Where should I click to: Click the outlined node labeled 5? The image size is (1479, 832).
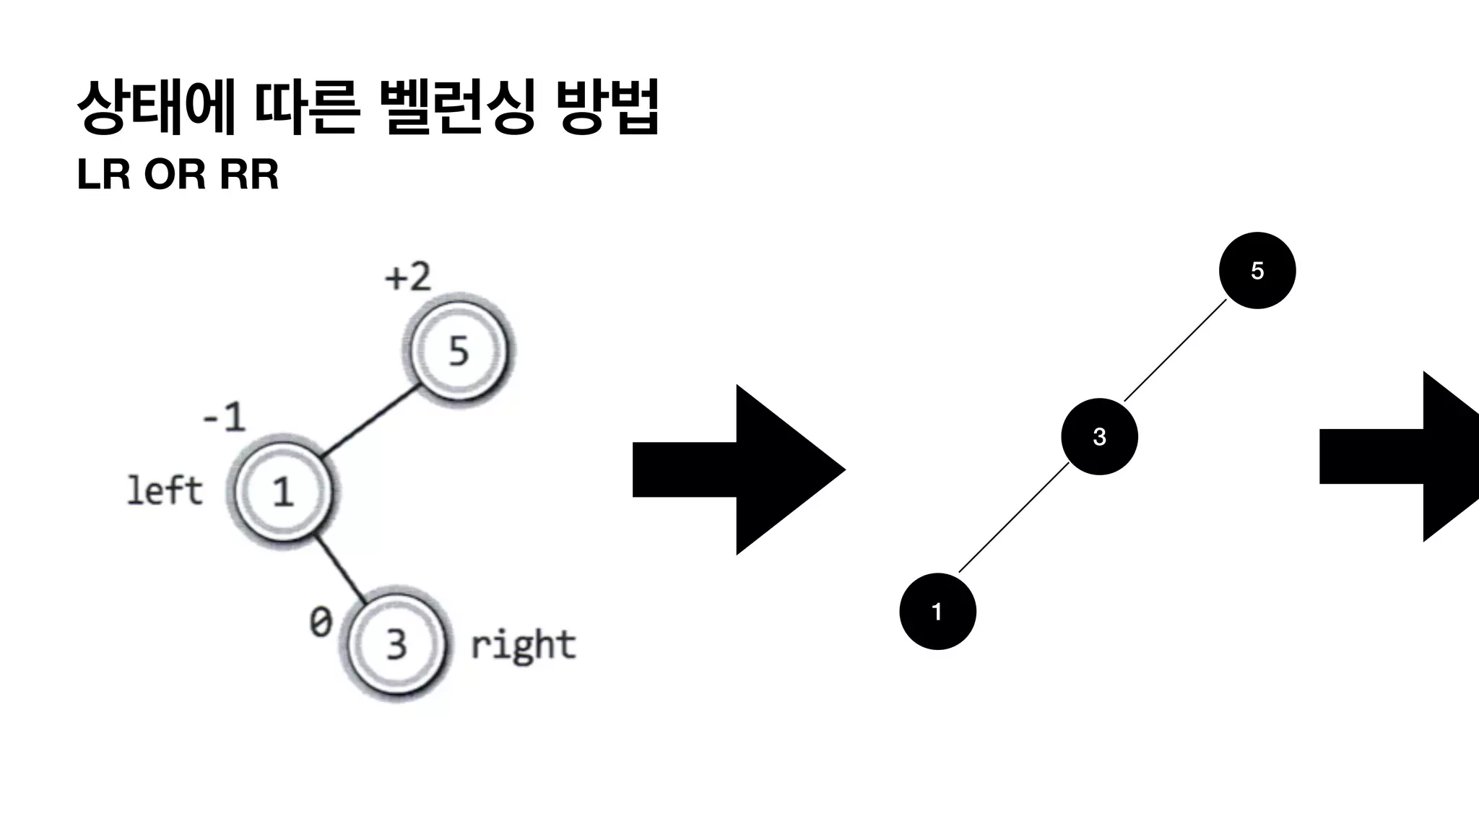coord(459,350)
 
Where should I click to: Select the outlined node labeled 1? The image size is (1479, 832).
coord(282,491)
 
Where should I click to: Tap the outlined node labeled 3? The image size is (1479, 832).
coord(396,643)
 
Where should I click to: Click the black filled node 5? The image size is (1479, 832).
coord(1257,271)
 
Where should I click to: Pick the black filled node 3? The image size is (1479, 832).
coord(1099,436)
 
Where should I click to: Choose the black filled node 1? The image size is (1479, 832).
coord(937,612)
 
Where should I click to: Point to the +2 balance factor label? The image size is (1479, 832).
coord(408,277)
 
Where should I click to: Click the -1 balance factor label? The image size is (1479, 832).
coord(225,417)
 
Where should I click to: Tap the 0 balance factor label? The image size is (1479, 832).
coord(321,622)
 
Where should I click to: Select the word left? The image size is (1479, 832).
coord(165,491)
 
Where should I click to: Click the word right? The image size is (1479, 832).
coord(523,645)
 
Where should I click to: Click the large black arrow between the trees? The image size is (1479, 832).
coord(737,469)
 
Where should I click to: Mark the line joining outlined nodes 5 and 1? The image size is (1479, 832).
coord(370,422)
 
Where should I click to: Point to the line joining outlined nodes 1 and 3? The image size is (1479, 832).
coord(339,568)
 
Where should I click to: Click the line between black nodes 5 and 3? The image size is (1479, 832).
coord(1176,350)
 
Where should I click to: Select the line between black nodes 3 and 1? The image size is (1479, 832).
coord(1013,518)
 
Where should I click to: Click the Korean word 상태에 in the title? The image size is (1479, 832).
coord(156,108)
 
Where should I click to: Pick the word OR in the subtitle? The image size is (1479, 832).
coord(174,175)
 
